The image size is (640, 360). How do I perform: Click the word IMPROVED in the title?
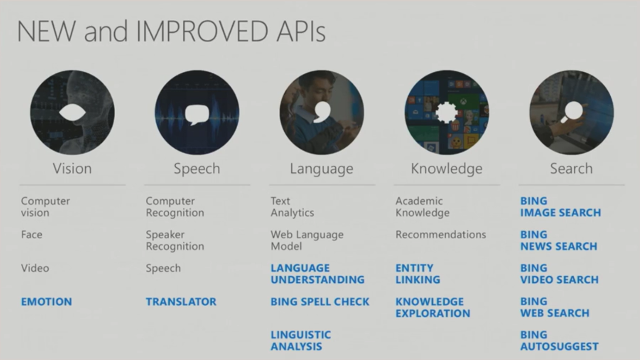202,31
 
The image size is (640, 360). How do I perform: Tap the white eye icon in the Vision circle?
72,112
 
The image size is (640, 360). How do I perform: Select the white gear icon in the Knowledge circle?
447,113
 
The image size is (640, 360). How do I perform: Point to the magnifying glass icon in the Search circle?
572,112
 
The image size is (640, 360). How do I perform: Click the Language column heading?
322,169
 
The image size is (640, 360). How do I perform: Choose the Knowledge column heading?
447,169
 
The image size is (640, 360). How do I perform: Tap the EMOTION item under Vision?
46,302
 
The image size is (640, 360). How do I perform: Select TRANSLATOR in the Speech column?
181,302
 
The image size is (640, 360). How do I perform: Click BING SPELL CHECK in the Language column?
320,302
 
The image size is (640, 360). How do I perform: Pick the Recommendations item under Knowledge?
441,234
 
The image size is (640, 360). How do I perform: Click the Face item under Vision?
32,234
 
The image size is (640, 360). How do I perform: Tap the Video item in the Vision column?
35,268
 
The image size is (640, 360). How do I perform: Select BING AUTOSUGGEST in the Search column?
559,341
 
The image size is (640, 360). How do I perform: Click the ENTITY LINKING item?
418,274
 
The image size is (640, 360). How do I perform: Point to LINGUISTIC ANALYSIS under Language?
301,341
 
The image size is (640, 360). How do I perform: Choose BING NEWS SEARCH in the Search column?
559,240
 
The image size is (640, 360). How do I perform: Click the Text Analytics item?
292,207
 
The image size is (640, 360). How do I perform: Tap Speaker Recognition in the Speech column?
175,240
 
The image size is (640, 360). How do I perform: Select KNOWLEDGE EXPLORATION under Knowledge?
433,307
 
